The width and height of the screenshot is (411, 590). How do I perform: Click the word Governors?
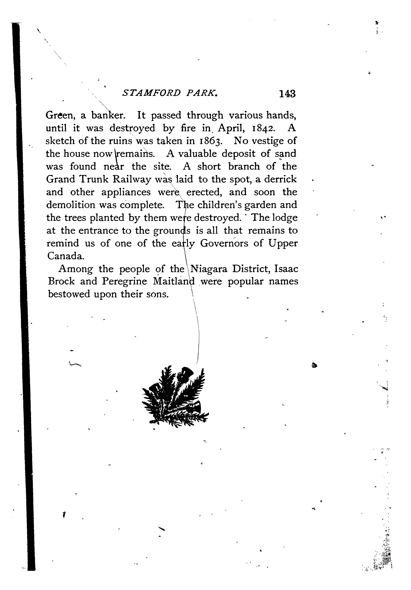(224, 243)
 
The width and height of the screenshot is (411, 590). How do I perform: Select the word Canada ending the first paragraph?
(65, 256)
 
